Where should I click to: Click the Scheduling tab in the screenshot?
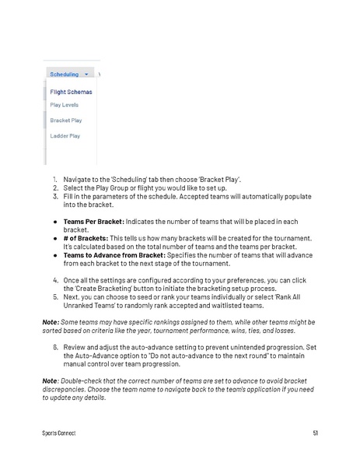click(64, 75)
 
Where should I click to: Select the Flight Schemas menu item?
click(71, 92)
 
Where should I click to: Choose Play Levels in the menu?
click(64, 104)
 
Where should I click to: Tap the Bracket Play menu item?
click(65, 121)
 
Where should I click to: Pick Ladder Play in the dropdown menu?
click(65, 136)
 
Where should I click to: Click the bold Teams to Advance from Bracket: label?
click(114, 254)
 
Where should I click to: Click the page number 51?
click(315, 433)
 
